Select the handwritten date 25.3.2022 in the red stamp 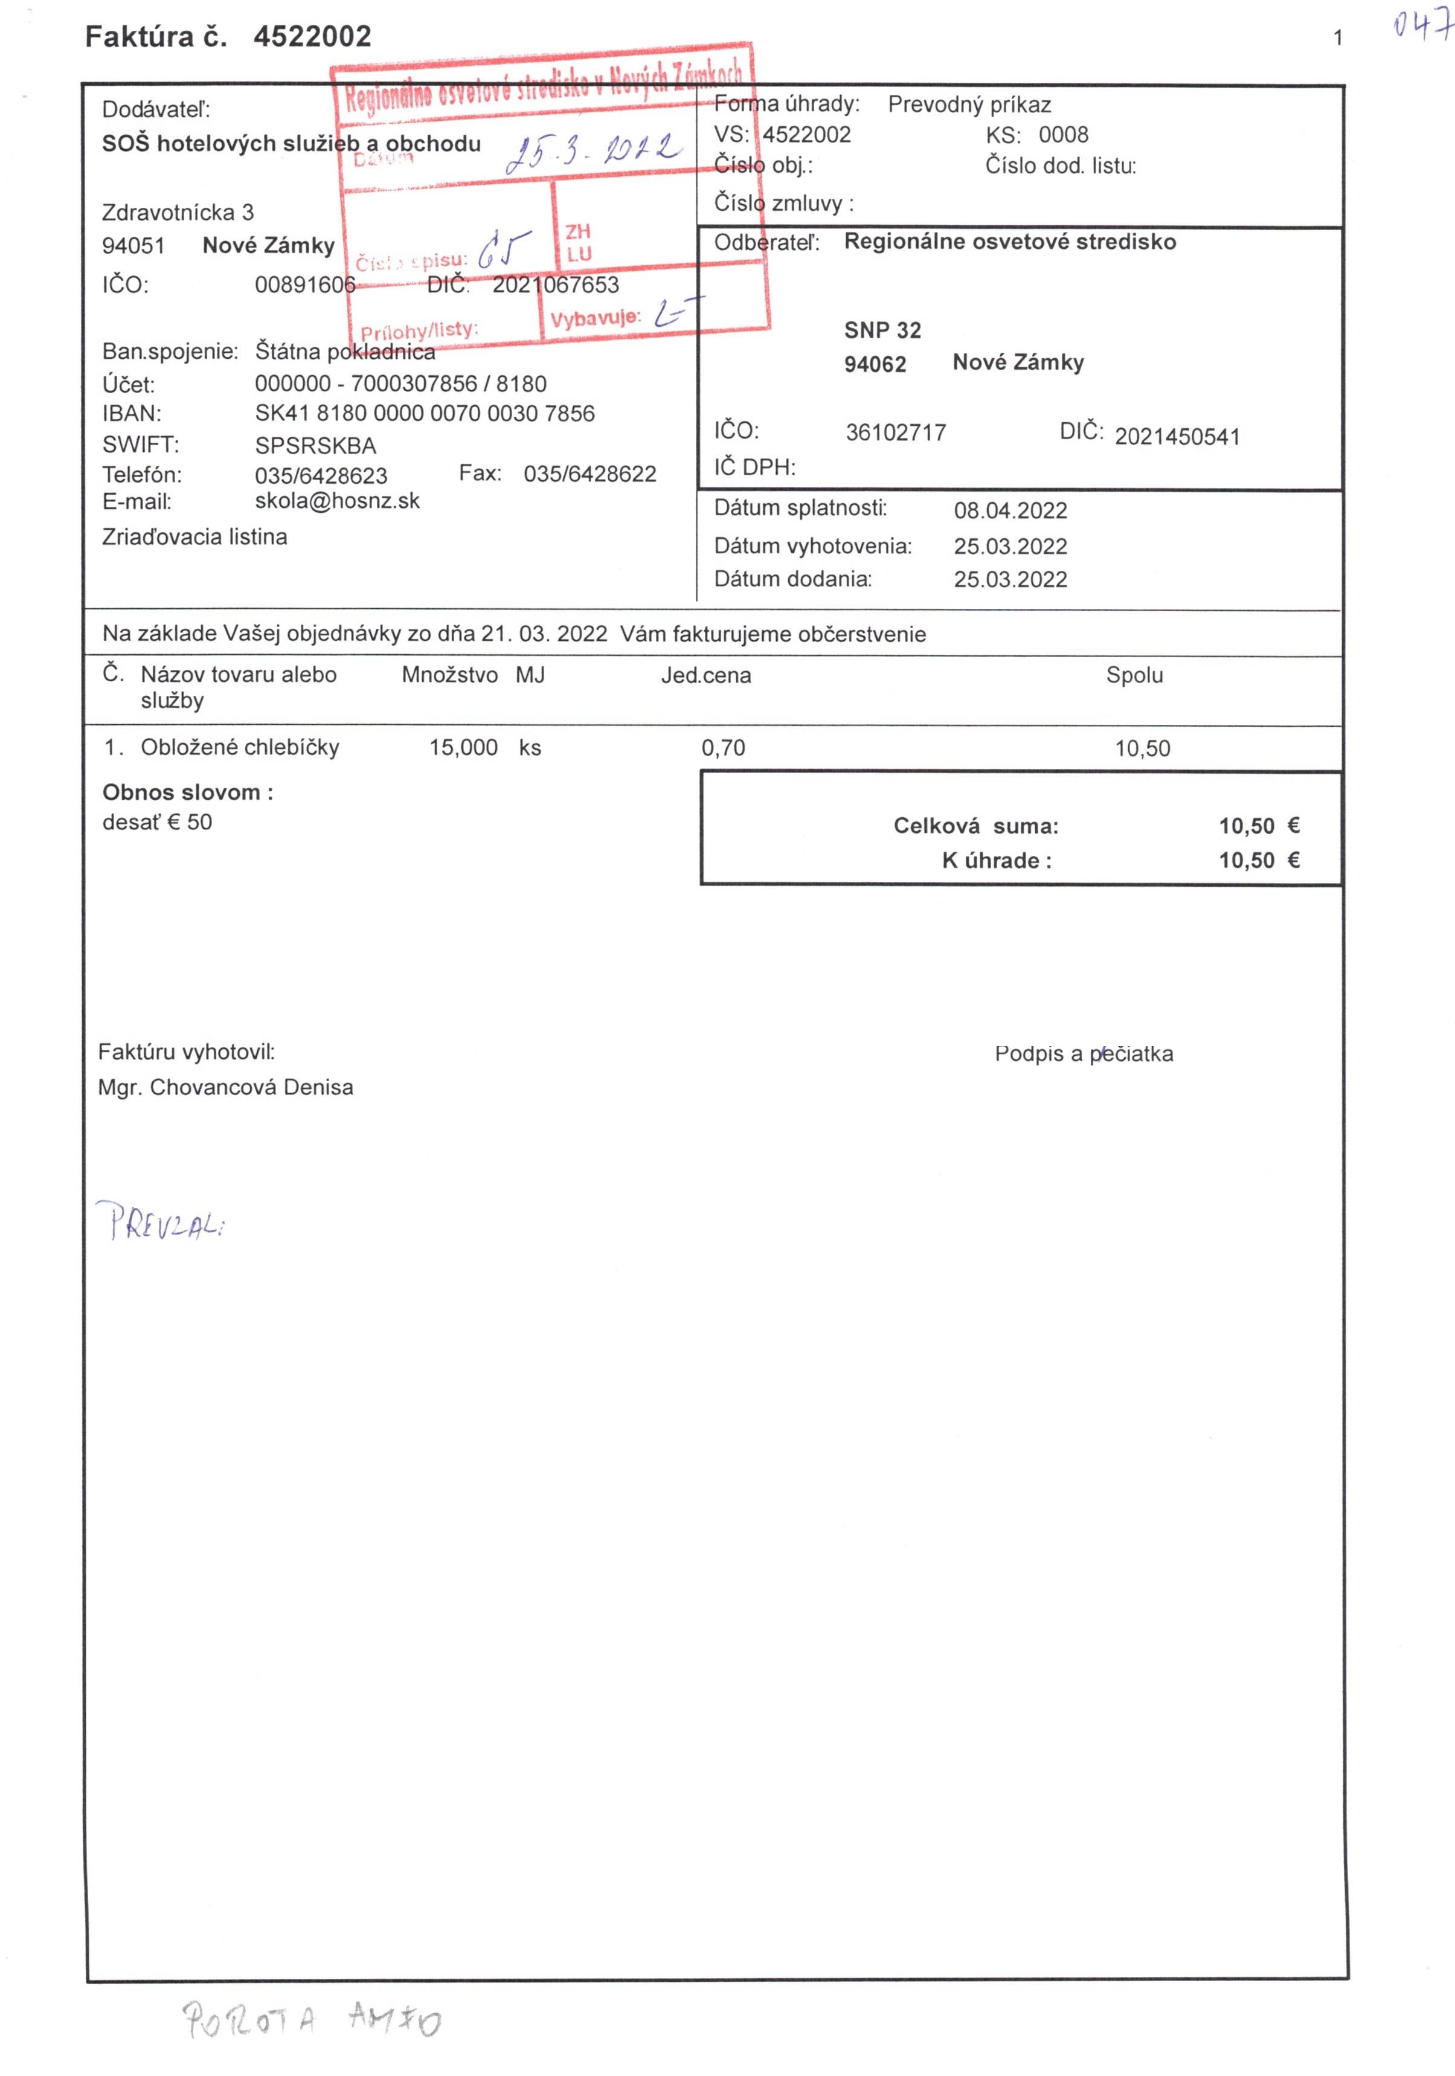(593, 150)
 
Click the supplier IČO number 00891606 (305, 285)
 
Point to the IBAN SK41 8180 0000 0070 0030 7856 (424, 413)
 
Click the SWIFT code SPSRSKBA (315, 445)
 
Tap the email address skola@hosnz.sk (336, 501)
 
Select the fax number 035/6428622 (589, 474)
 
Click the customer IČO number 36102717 (895, 432)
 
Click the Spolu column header (1133, 675)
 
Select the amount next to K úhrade (1258, 860)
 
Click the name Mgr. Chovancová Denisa (225, 1087)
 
